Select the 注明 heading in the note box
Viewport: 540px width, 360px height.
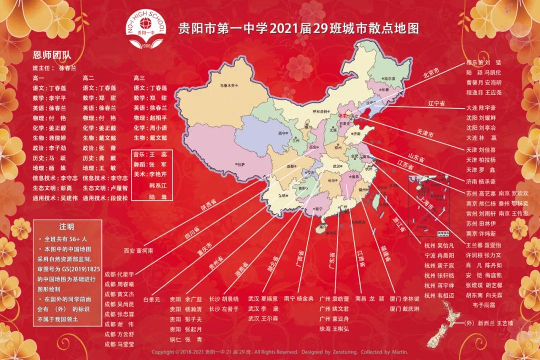[66, 226]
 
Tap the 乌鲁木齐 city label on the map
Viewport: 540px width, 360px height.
[228, 85]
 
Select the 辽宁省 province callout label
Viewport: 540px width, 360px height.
[437, 103]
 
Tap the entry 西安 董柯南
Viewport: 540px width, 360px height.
[138, 250]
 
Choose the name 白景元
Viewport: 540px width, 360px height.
[151, 299]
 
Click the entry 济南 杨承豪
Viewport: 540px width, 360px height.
[480, 181]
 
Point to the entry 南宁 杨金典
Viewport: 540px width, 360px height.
[298, 298]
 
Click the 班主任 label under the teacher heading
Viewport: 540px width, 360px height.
[42, 67]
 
